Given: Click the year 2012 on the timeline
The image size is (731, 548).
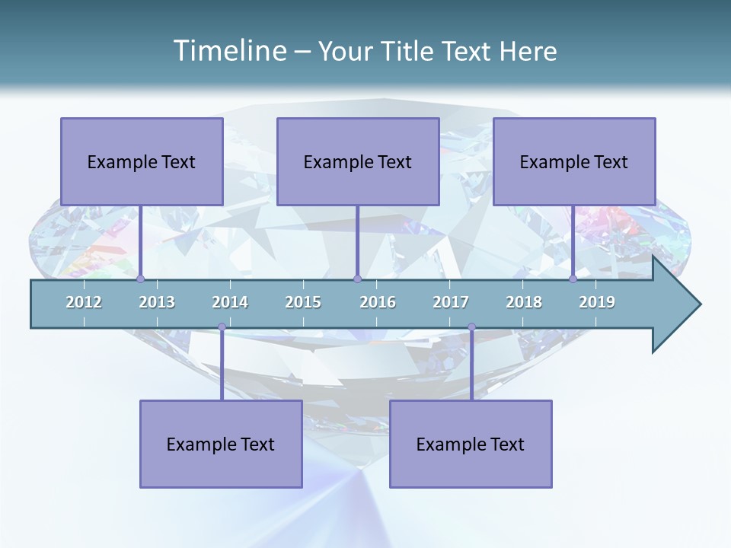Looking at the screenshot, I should click(x=84, y=302).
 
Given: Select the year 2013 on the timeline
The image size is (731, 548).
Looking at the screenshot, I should click(x=157, y=302).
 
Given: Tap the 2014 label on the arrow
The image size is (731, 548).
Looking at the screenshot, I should click(x=230, y=302).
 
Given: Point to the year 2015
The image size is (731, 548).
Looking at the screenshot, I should click(x=303, y=302).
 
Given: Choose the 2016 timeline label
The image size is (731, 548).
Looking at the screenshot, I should click(x=378, y=302).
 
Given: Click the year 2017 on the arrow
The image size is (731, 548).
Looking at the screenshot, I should click(x=451, y=302).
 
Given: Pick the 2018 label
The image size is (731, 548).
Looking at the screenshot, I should click(x=524, y=302).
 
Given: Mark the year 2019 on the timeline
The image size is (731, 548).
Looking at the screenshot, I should click(x=597, y=302).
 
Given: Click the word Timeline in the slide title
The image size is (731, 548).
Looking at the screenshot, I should click(x=228, y=51).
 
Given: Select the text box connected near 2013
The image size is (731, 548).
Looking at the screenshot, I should click(x=142, y=161).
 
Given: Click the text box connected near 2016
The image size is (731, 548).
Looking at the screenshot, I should click(x=358, y=161).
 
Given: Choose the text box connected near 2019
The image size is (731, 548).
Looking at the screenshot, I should click(x=574, y=161).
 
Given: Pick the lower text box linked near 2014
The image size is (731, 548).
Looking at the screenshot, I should click(x=221, y=444).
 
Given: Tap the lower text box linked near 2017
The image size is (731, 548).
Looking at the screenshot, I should click(x=471, y=444).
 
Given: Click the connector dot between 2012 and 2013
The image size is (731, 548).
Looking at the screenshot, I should click(x=140, y=279).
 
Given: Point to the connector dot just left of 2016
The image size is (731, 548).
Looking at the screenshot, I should click(x=357, y=279).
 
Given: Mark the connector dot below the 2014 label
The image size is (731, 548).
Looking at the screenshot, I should click(x=222, y=327).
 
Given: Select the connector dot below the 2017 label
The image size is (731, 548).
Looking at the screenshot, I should click(x=471, y=327).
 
